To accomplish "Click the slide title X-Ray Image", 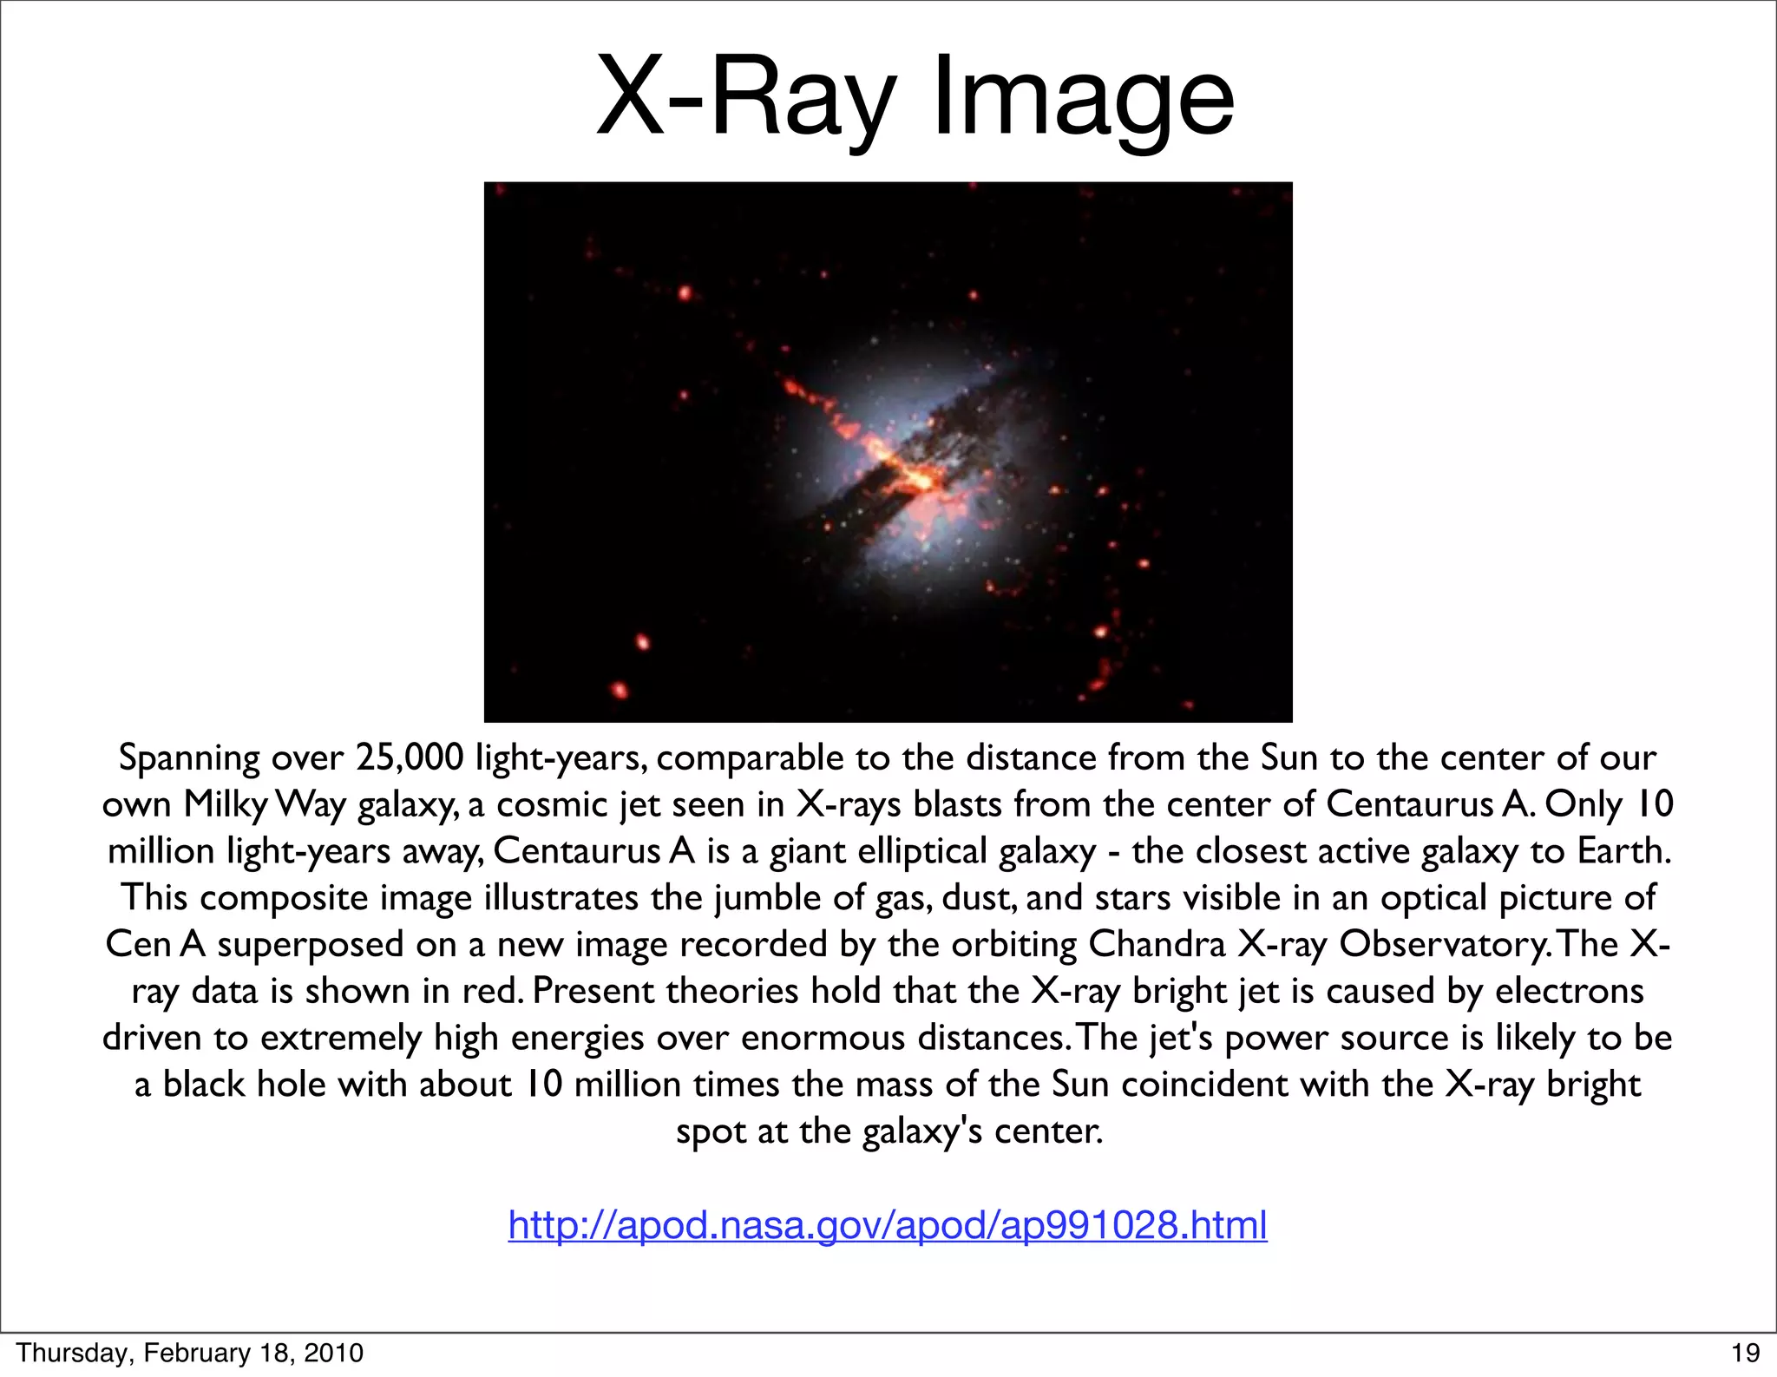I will pyautogui.click(x=915, y=97).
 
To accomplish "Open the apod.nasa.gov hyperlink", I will pyautogui.click(x=888, y=1225).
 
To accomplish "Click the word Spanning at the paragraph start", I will pyautogui.click(x=188, y=759).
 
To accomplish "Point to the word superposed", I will pyautogui.click(x=310, y=945).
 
